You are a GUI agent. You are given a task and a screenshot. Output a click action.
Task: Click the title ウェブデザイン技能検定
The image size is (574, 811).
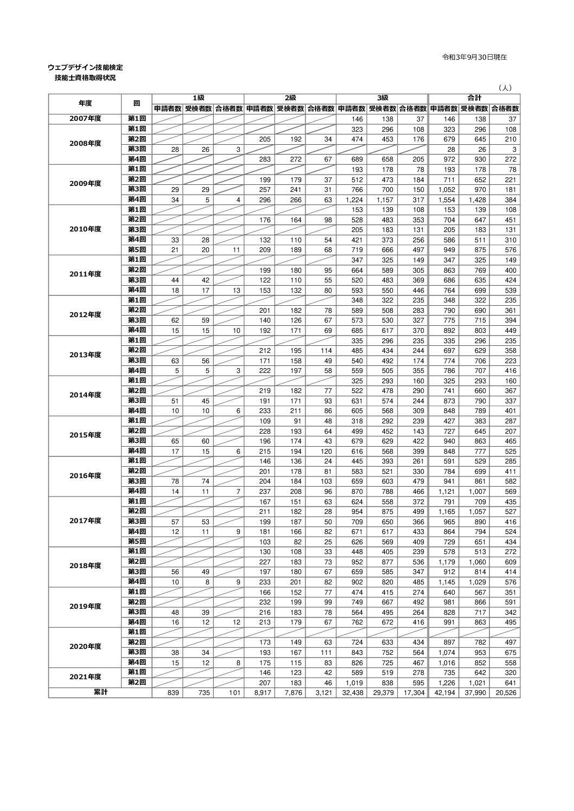pyautogui.click(x=85, y=68)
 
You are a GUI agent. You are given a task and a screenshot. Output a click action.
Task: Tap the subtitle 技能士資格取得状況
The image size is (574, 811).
pyautogui.click(x=85, y=78)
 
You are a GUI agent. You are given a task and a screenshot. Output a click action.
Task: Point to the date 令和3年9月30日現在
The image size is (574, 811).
pyautogui.click(x=475, y=57)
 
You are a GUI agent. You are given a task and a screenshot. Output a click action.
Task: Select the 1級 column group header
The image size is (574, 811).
pyautogui.click(x=198, y=98)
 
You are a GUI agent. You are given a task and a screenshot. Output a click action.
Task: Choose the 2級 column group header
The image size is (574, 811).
pyautogui.click(x=290, y=98)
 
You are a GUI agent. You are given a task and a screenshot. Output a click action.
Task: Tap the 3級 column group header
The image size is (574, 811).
pyautogui.click(x=382, y=98)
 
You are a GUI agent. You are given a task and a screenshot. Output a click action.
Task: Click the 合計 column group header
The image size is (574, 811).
pyautogui.click(x=475, y=98)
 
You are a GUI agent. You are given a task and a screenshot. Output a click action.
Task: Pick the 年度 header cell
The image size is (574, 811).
pyautogui.click(x=85, y=103)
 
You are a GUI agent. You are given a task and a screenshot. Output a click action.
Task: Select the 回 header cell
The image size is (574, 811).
pyautogui.click(x=137, y=103)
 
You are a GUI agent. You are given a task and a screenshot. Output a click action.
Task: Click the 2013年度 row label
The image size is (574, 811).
pyautogui.click(x=85, y=355)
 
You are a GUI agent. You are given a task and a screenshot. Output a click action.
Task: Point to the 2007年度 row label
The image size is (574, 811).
pyautogui.click(x=85, y=119)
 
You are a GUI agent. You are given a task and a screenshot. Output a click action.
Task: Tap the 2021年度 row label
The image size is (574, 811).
pyautogui.click(x=85, y=677)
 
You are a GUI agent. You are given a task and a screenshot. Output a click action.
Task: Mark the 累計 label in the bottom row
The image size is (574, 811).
pyautogui.click(x=100, y=692)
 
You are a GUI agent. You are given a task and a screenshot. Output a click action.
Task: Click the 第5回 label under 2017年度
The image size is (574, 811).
pyautogui.click(x=137, y=542)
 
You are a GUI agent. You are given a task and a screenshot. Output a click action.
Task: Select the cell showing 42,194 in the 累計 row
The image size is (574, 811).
pyautogui.click(x=444, y=693)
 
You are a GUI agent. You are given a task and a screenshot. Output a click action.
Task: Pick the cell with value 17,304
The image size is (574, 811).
pyautogui.click(x=414, y=693)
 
